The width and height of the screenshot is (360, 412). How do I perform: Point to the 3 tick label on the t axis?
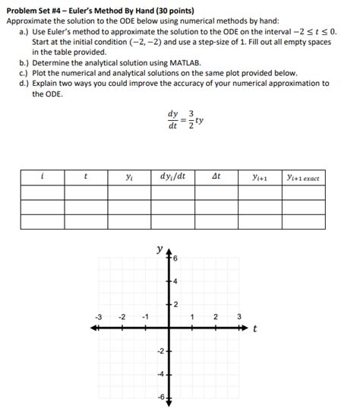238,316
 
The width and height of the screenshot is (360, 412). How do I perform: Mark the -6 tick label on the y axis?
160,398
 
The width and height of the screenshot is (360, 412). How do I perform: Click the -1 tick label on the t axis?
144,316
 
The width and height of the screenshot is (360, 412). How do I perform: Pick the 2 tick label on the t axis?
215,316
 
